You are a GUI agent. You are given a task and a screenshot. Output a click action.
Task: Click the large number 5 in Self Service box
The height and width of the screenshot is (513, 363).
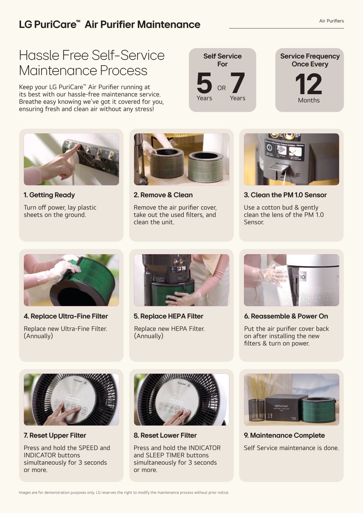[204, 83]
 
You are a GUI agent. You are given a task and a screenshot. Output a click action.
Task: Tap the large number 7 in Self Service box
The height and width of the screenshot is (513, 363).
[237, 83]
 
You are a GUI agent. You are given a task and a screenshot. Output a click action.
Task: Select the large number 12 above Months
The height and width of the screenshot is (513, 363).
[309, 84]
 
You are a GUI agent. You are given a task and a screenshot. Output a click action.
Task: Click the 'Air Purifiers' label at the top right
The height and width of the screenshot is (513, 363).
[331, 21]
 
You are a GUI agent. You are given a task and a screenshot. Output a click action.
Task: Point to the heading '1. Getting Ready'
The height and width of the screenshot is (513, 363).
[49, 195]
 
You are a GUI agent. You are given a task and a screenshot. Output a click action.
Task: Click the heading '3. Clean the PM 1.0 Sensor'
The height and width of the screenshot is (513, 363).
[285, 195]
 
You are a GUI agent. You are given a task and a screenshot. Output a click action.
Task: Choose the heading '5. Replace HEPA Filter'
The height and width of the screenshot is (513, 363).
[168, 316]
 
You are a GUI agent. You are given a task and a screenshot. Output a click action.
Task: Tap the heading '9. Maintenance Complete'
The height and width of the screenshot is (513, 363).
[284, 435]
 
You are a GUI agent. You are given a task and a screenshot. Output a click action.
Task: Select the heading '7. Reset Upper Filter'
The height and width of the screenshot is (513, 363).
[55, 435]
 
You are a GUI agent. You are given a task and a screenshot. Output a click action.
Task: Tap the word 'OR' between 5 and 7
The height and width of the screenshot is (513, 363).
[221, 88]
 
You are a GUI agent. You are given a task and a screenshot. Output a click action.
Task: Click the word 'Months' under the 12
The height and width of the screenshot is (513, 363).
[309, 100]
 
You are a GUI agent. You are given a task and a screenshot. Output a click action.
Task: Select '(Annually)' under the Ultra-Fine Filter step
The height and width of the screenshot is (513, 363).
[38, 336]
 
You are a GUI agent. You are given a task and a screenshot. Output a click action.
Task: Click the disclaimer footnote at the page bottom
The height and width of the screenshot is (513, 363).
[124, 493]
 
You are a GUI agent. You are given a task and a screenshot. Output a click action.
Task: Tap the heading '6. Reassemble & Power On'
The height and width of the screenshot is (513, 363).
[286, 316]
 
